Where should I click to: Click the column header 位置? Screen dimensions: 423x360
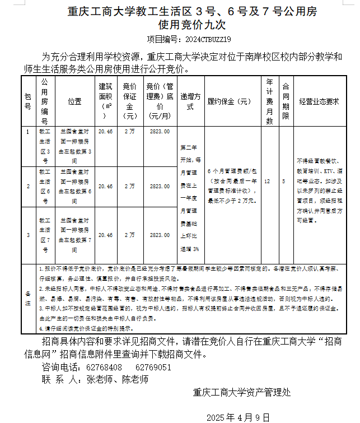74,101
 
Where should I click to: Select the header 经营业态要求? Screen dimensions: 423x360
319,101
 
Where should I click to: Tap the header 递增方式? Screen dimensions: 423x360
190,101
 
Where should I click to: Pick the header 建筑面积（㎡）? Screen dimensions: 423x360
105,101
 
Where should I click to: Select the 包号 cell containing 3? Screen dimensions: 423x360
29,235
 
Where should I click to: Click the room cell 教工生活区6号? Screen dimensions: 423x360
45,187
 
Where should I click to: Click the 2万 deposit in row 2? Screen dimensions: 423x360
130,186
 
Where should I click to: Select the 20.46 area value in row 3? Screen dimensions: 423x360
105,235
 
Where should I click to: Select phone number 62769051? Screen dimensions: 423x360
153,367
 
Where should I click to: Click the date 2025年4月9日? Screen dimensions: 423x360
238,417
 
